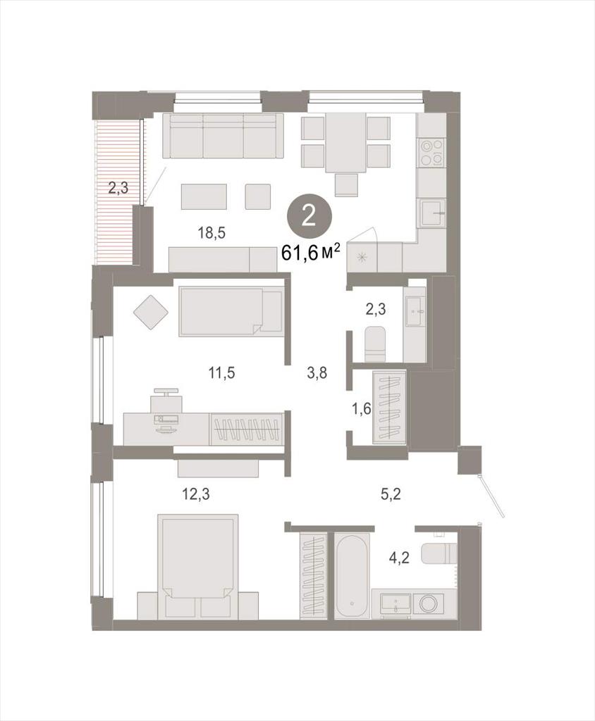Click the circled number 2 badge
click(x=309, y=216)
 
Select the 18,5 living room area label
click(x=211, y=233)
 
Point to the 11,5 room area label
click(x=222, y=372)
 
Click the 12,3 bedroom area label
click(x=196, y=494)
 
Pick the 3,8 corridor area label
click(x=317, y=372)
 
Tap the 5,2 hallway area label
click(x=391, y=494)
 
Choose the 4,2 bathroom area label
click(x=399, y=558)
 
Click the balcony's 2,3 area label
click(x=118, y=188)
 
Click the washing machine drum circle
click(x=429, y=603)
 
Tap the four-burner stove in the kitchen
click(x=432, y=152)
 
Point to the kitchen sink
click(x=432, y=213)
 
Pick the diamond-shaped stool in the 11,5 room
click(x=151, y=312)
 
